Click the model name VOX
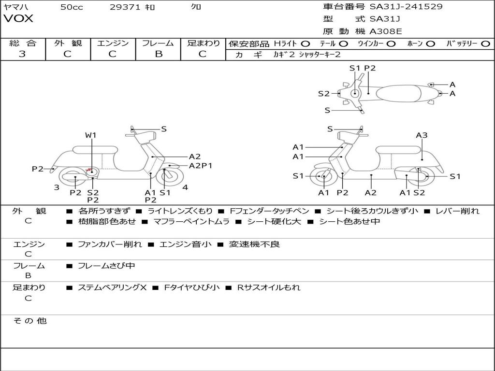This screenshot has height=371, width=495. (x=18, y=19)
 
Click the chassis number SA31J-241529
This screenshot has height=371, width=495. (x=406, y=7)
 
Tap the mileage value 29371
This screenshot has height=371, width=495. (x=125, y=7)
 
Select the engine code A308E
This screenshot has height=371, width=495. (x=385, y=32)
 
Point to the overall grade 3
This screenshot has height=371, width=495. (x=22, y=54)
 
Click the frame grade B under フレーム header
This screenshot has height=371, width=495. (x=158, y=54)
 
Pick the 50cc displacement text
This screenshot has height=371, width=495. (x=72, y=7)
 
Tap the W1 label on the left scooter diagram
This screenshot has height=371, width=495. (x=91, y=135)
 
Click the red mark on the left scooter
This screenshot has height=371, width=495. (x=89, y=170)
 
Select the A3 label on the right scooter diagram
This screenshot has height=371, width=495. (x=422, y=135)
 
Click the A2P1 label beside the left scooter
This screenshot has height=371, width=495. (x=201, y=166)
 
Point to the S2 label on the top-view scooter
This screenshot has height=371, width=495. (x=323, y=94)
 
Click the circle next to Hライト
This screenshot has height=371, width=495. (x=306, y=43)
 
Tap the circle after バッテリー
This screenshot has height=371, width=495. (x=485, y=43)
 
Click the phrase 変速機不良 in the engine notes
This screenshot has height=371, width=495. (x=254, y=244)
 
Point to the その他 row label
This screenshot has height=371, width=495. (x=29, y=321)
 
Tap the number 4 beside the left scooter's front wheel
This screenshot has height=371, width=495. (x=186, y=187)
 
